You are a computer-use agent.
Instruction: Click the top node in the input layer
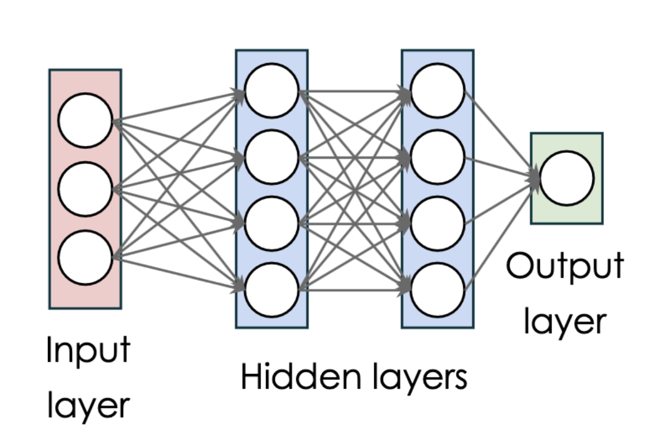pos(85,121)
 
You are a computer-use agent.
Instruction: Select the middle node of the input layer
pos(85,189)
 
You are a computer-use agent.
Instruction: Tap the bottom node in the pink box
pos(85,257)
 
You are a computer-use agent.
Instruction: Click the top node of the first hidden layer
pos(272,91)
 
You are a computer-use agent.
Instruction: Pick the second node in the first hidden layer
pos(272,158)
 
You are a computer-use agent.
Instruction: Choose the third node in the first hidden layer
pos(272,223)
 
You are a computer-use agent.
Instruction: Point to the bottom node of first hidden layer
pos(272,290)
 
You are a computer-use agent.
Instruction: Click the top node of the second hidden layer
pos(438,91)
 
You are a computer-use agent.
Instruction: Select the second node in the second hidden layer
pos(438,158)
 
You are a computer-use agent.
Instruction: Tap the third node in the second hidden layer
pos(438,223)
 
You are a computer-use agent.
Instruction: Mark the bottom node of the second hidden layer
pos(438,290)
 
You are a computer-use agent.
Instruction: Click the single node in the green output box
pos(567,178)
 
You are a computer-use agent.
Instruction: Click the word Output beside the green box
pos(564,266)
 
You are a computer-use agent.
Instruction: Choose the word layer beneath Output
pos(564,322)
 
